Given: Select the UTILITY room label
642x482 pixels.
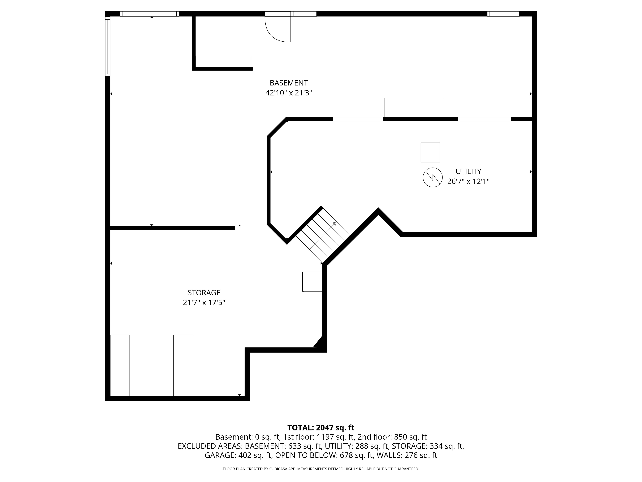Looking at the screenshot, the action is point(468,171).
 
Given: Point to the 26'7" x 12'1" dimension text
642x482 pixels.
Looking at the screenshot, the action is point(468,182).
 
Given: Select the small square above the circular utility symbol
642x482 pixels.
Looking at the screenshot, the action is point(430,152).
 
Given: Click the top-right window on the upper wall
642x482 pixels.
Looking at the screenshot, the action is point(503,14).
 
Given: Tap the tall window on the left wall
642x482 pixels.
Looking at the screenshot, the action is point(108,46).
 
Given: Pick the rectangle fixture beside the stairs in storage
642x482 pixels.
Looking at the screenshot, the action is point(312,281).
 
